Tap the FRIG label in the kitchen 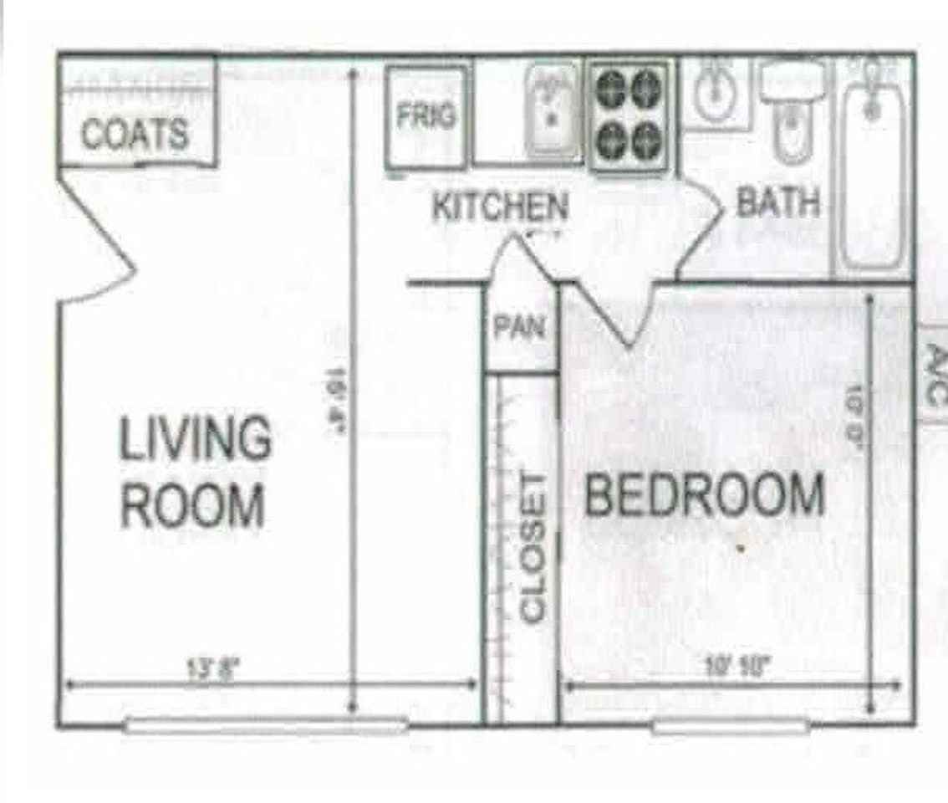426,116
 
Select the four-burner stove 629,116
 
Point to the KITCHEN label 500,207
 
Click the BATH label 777,202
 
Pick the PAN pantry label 519,326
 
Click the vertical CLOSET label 533,549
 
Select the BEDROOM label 704,494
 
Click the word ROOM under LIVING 193,505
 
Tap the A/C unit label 935,374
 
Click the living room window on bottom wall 266,725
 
